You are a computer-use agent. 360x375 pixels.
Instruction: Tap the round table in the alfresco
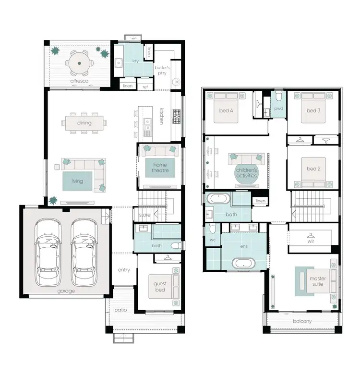click(x=77, y=62)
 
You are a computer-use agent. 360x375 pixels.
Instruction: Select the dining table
click(x=84, y=123)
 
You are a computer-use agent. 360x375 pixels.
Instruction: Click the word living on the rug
click(x=77, y=181)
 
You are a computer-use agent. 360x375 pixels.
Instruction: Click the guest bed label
click(x=160, y=287)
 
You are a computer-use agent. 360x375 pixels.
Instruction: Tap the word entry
click(x=124, y=270)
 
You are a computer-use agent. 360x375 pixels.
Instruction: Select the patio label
click(x=120, y=310)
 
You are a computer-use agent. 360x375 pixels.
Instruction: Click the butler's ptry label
click(x=162, y=71)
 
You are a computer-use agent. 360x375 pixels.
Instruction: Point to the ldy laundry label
click(x=135, y=60)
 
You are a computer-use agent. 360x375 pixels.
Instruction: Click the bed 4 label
click(x=226, y=111)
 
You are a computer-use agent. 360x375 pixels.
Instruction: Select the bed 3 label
click(x=313, y=111)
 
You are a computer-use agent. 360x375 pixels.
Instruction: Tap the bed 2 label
click(x=312, y=169)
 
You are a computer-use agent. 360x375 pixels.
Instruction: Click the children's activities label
click(x=246, y=173)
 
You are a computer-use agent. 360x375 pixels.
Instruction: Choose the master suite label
click(x=317, y=281)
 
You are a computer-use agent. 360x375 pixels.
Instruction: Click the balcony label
click(x=302, y=321)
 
